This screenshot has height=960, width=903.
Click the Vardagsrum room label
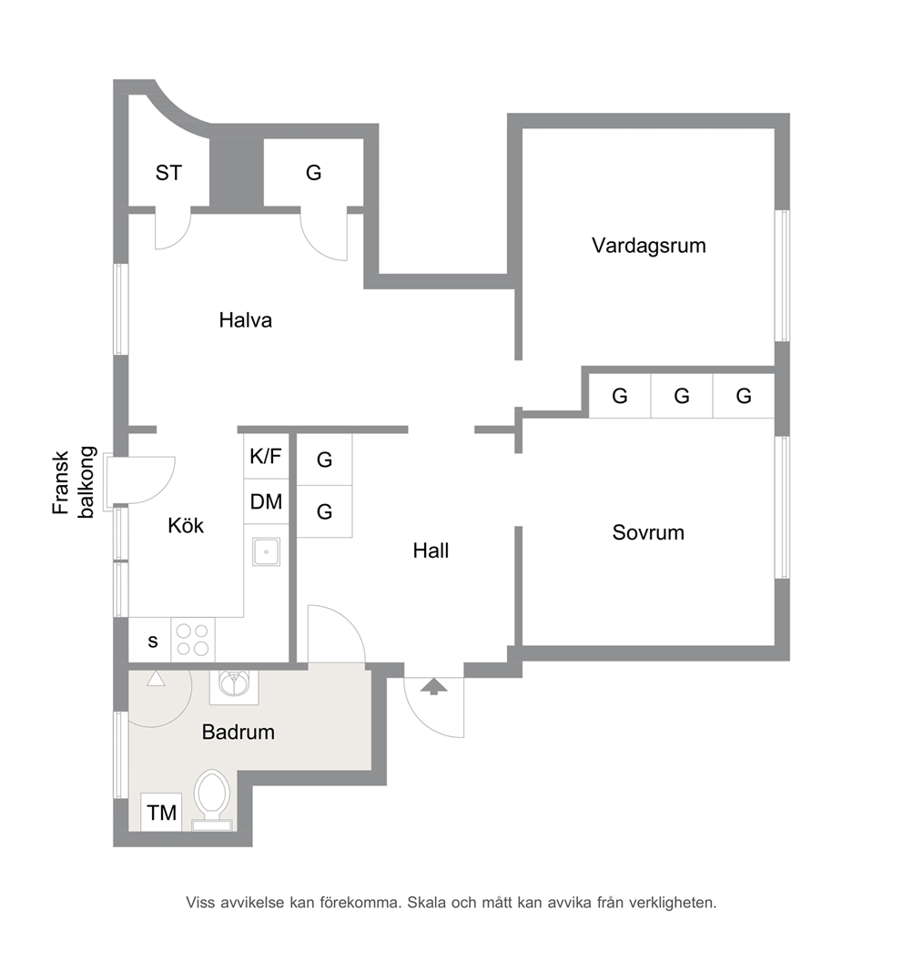pyautogui.click(x=649, y=246)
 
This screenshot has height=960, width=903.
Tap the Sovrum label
pyautogui.click(x=648, y=532)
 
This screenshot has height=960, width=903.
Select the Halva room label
pyautogui.click(x=245, y=319)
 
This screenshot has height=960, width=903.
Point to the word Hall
pyautogui.click(x=431, y=551)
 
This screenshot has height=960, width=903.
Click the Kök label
pyautogui.click(x=186, y=525)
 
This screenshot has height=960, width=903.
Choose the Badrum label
pyautogui.click(x=238, y=732)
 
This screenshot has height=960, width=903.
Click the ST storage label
pyautogui.click(x=168, y=173)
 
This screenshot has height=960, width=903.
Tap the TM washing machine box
pyautogui.click(x=161, y=813)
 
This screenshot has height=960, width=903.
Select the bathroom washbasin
pyautogui.click(x=234, y=686)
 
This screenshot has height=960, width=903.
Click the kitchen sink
pyautogui.click(x=267, y=551)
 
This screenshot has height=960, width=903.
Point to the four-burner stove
pyautogui.click(x=193, y=640)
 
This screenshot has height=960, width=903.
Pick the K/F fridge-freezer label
pyautogui.click(x=266, y=456)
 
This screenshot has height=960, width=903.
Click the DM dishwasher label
pyautogui.click(x=266, y=501)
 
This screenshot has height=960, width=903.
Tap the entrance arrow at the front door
pyautogui.click(x=433, y=686)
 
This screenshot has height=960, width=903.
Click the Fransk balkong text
pyautogui.click(x=74, y=483)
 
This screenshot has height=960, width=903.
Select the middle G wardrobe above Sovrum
pyautogui.click(x=682, y=396)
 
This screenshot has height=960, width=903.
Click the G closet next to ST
pyautogui.click(x=314, y=173)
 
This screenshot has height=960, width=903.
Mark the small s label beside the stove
pyautogui.click(x=153, y=641)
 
